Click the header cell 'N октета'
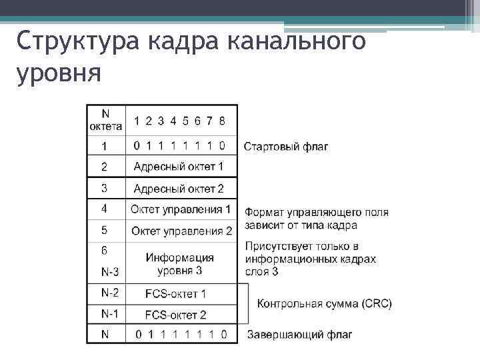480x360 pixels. click(x=105, y=120)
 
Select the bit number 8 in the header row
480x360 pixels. click(x=222, y=121)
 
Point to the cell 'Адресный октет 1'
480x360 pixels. click(x=179, y=166)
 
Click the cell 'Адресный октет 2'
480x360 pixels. click(x=179, y=188)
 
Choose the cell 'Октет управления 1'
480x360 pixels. click(x=181, y=209)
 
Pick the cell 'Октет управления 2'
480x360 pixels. click(x=181, y=231)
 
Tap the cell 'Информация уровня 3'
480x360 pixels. click(x=180, y=264)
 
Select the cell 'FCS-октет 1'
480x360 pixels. click(x=176, y=293)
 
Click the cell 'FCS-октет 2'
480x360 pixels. click(x=176, y=314)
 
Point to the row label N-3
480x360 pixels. click(x=110, y=271)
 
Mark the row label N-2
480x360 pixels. click(x=110, y=293)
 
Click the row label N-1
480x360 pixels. click(x=110, y=313)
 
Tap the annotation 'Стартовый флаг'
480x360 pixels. click(x=286, y=146)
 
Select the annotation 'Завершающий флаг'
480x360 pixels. click(x=299, y=334)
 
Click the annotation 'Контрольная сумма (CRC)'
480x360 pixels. click(x=324, y=303)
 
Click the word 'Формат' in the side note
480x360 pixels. click(x=264, y=213)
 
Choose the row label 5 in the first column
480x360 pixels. click(x=104, y=230)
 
